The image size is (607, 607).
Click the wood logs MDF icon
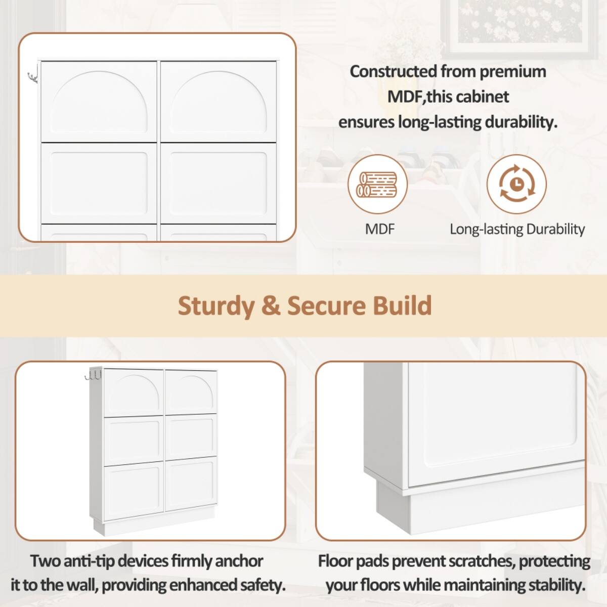pyautogui.click(x=377, y=185)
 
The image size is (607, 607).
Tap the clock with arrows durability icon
pyautogui.click(x=516, y=185)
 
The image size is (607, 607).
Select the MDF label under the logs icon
pyautogui.click(x=379, y=229)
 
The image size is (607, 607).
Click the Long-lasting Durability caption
pyautogui.click(x=517, y=229)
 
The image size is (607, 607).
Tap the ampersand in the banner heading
pyautogui.click(x=271, y=306)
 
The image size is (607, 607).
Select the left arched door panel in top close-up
pyautogui.click(x=99, y=101)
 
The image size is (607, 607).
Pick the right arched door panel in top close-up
pyautogui.click(x=219, y=101)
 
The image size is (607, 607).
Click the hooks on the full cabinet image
pyautogui.click(x=94, y=375)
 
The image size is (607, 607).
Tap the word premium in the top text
pyautogui.click(x=512, y=72)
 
